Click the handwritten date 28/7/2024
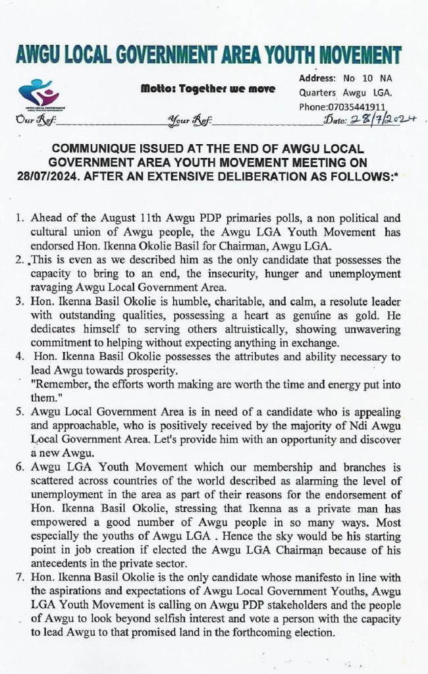pos(384,120)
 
